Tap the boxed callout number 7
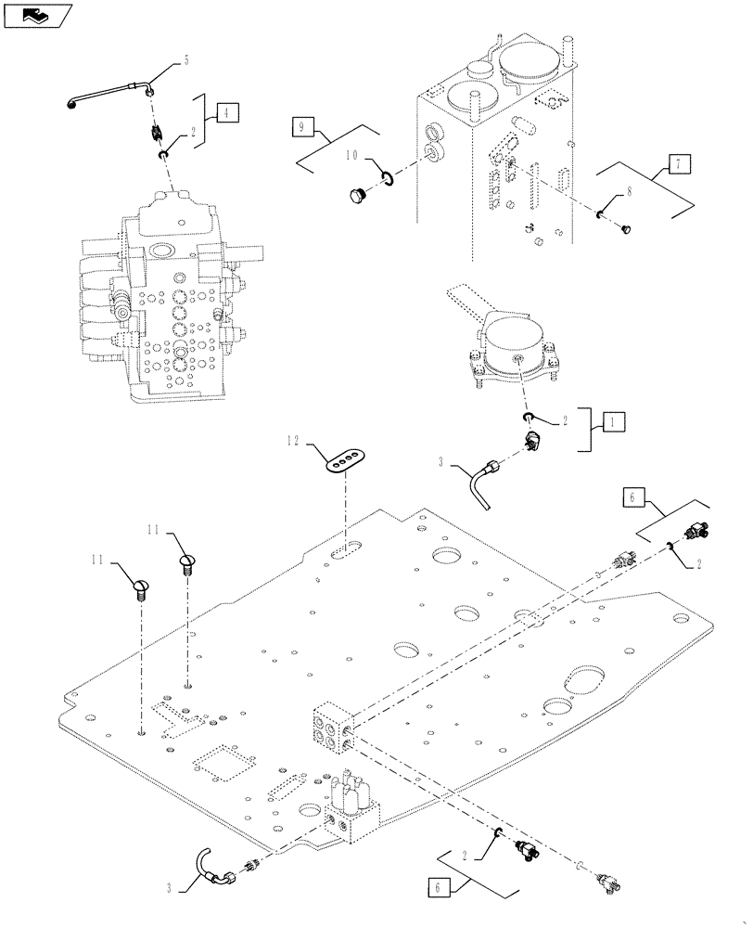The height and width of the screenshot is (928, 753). (677, 164)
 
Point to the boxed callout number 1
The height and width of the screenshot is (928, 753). (613, 421)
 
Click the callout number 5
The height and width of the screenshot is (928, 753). (185, 60)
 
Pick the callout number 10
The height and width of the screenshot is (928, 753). (352, 158)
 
